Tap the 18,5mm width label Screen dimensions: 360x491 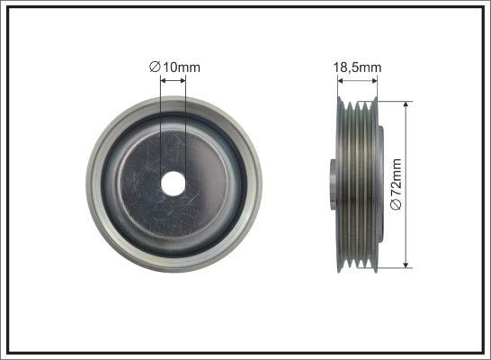coord(356,66)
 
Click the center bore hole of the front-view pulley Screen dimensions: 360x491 coord(173,182)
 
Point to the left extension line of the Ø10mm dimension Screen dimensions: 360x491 coord(160,126)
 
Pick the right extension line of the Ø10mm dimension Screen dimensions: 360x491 coord(185,126)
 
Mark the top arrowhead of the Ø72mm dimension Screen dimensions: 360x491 coord(407,105)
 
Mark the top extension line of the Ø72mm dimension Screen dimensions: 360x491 coord(391,100)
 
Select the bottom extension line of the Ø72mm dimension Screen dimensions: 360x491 coord(391,266)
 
